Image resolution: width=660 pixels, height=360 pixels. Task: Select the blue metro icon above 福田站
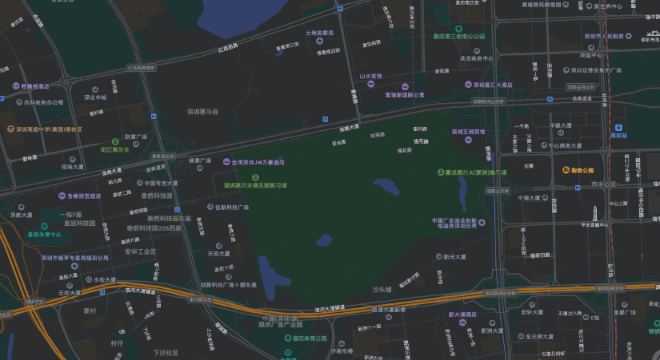click(619, 127)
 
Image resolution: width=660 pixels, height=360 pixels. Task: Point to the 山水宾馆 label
click(371, 75)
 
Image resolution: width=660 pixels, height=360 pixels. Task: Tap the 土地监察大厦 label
click(318, 32)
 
